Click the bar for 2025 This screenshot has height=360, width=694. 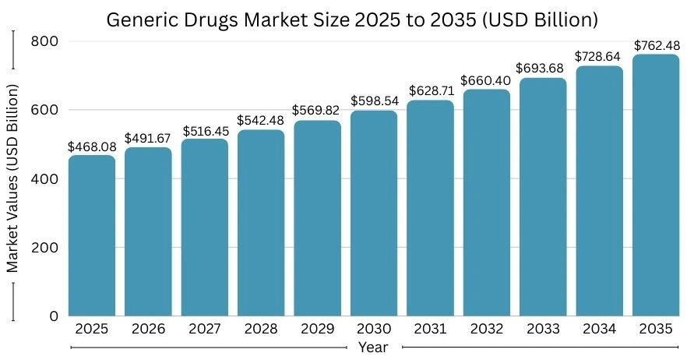click(x=92, y=235)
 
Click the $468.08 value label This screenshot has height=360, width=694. click(x=91, y=146)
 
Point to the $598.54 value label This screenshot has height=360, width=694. click(x=373, y=101)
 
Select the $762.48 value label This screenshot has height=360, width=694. click(x=655, y=45)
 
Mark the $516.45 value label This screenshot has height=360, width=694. click(x=205, y=130)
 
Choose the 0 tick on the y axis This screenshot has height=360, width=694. click(x=54, y=316)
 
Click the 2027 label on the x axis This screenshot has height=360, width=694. click(x=205, y=330)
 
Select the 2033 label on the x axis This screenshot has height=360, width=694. click(x=542, y=330)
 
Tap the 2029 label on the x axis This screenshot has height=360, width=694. click(x=317, y=330)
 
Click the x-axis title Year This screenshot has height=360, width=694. click(x=373, y=348)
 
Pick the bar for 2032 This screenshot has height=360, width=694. click(x=486, y=203)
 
